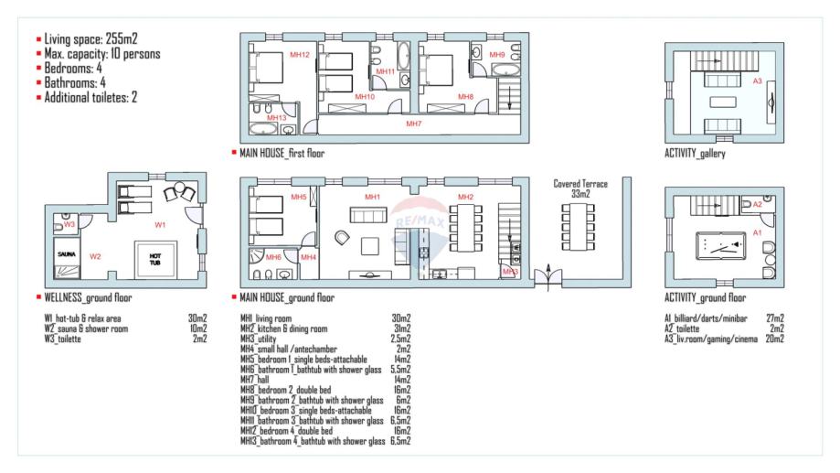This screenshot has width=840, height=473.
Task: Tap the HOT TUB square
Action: (x=154, y=260)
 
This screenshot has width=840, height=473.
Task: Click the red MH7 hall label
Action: (x=413, y=124)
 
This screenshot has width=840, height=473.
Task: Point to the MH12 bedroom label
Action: (x=300, y=54)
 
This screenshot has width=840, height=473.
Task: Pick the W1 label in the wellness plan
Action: (x=160, y=225)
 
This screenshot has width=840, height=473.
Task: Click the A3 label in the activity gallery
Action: (x=757, y=81)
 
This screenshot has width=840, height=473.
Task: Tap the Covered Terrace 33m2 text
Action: (x=580, y=188)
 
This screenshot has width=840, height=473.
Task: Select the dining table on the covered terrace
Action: (x=578, y=228)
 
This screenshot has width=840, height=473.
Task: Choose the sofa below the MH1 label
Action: (x=368, y=215)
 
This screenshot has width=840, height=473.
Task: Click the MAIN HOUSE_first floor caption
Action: (x=282, y=154)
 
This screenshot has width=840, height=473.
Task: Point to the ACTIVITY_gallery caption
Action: (x=695, y=154)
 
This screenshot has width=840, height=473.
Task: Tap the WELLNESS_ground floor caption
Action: (x=88, y=297)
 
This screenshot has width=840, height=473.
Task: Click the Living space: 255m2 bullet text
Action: (x=90, y=38)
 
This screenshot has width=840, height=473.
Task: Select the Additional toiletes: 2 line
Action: (x=90, y=97)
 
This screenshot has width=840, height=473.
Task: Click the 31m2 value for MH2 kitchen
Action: (x=402, y=328)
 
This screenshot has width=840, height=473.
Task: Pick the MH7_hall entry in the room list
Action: (x=254, y=380)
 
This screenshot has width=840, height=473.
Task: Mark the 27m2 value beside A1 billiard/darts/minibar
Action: (x=775, y=318)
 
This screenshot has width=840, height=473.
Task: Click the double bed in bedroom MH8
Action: (x=436, y=70)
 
